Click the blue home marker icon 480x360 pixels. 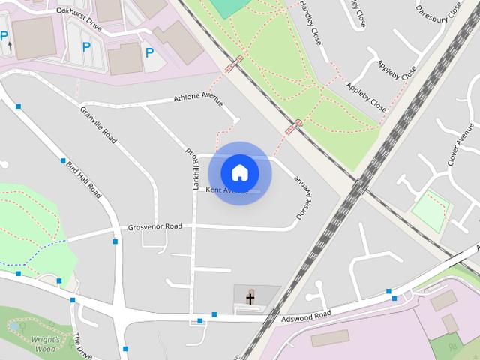click(239, 172)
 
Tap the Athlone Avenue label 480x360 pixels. click(200, 98)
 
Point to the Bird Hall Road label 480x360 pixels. click(83, 178)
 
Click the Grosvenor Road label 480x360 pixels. click(154, 226)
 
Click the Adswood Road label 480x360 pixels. click(305, 317)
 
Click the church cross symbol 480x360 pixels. click(250, 298)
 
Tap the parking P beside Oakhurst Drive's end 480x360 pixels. click(86, 47)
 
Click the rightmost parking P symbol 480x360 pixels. click(149, 52)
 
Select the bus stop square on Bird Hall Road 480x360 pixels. click(63, 160)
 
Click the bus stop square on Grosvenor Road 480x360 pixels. click(115, 241)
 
